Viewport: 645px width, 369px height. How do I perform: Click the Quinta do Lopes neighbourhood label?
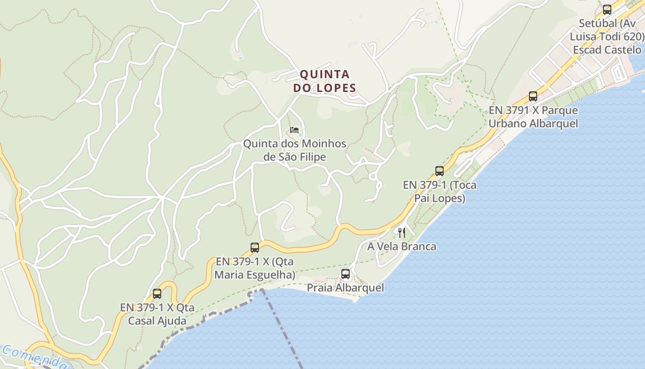click(328, 81)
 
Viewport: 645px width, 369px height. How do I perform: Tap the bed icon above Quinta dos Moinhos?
click(294, 130)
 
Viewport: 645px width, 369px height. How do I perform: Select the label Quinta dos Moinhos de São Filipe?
click(295, 150)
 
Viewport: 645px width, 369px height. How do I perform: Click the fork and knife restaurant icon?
click(402, 232)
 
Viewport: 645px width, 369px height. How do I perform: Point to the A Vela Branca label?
click(402, 246)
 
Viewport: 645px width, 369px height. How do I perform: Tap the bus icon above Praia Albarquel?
click(346, 274)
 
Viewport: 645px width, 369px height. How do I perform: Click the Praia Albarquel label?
click(346, 288)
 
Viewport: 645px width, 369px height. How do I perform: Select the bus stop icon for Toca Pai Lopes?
click(440, 171)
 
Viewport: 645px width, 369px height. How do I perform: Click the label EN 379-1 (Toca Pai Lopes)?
click(440, 191)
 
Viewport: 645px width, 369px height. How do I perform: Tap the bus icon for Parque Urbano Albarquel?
click(533, 96)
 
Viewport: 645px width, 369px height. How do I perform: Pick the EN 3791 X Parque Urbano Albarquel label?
click(533, 117)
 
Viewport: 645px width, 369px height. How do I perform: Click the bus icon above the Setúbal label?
click(607, 9)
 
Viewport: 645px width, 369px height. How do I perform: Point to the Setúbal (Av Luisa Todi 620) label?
click(607, 36)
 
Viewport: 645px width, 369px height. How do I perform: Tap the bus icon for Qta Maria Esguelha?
click(255, 247)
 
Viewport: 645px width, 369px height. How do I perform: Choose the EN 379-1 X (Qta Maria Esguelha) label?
click(255, 268)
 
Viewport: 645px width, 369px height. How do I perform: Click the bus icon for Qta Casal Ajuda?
click(157, 293)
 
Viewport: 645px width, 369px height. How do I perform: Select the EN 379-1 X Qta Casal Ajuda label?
click(157, 314)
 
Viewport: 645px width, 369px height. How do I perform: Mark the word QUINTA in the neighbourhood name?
click(325, 74)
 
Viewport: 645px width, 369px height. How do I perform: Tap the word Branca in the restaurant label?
click(418, 246)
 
